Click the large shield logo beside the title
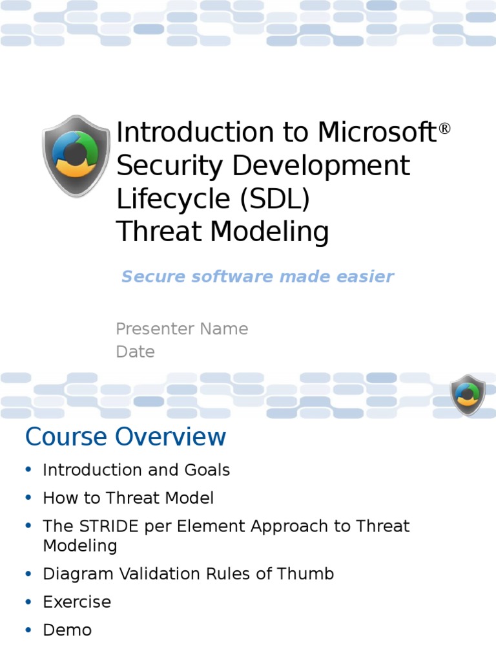(76, 156)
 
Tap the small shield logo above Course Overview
(468, 395)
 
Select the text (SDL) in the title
(275, 200)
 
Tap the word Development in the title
(321, 166)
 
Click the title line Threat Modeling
(222, 232)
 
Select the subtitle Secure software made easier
(257, 277)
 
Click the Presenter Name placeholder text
(181, 328)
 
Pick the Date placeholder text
(135, 352)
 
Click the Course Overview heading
(125, 437)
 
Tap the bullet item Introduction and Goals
(136, 470)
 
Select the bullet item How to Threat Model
(128, 498)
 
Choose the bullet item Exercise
(77, 602)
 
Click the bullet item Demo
(67, 630)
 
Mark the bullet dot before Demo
(28, 630)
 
